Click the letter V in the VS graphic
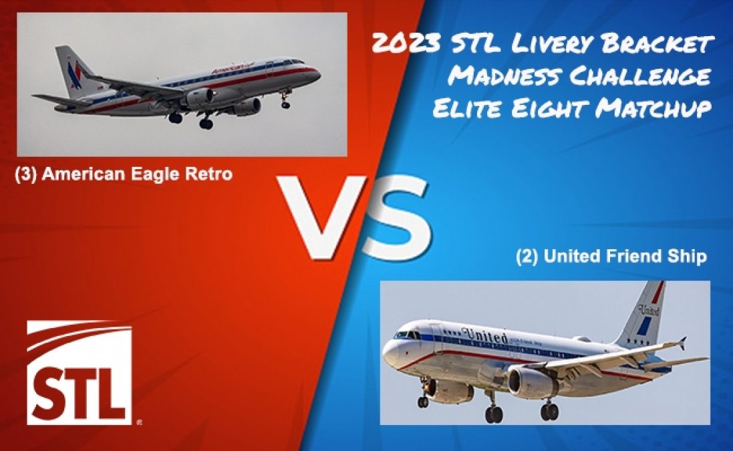click(319, 216)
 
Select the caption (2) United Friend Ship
click(611, 257)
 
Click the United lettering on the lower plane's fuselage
click(484, 335)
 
